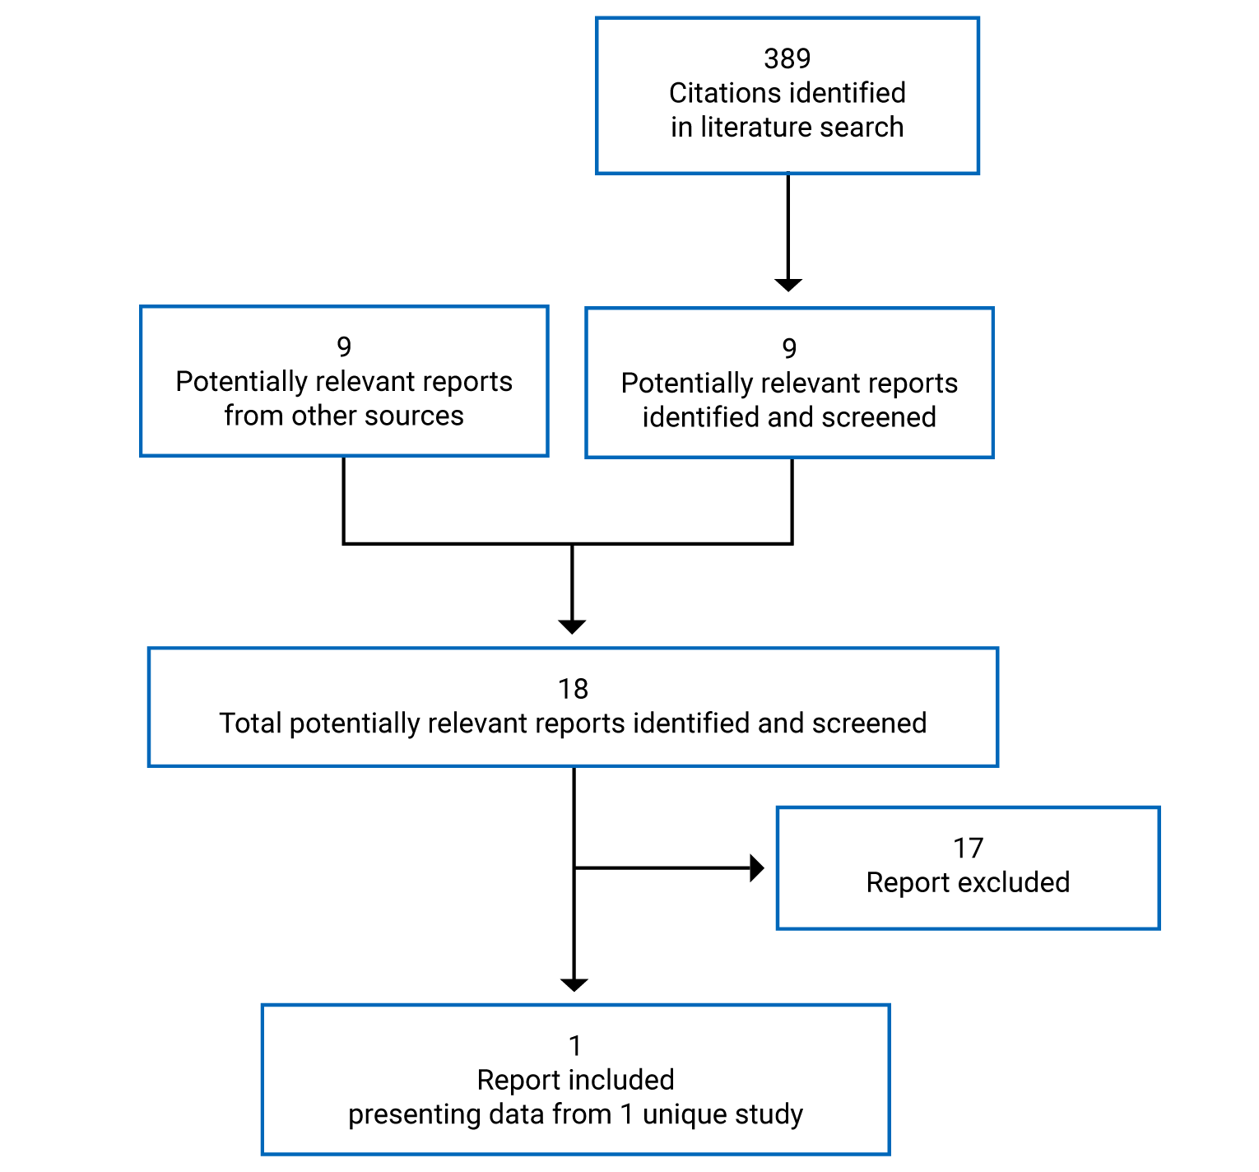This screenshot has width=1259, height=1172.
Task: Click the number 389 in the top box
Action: coord(787,58)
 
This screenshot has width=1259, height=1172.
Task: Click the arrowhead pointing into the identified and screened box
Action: coord(787,284)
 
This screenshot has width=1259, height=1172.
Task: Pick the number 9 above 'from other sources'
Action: coord(344,346)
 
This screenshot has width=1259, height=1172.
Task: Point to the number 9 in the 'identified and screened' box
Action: coord(789,348)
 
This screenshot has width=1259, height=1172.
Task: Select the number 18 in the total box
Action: coord(573,689)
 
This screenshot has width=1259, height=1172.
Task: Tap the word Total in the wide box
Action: coord(250,723)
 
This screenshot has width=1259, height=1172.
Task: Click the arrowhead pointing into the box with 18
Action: coord(572,626)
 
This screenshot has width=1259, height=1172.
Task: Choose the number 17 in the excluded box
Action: coord(968,848)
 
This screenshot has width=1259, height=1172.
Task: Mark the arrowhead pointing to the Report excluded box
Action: coord(757,867)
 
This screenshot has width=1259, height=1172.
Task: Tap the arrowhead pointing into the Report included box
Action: coord(574,984)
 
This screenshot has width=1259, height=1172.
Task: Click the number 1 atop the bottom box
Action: coord(575,1046)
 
